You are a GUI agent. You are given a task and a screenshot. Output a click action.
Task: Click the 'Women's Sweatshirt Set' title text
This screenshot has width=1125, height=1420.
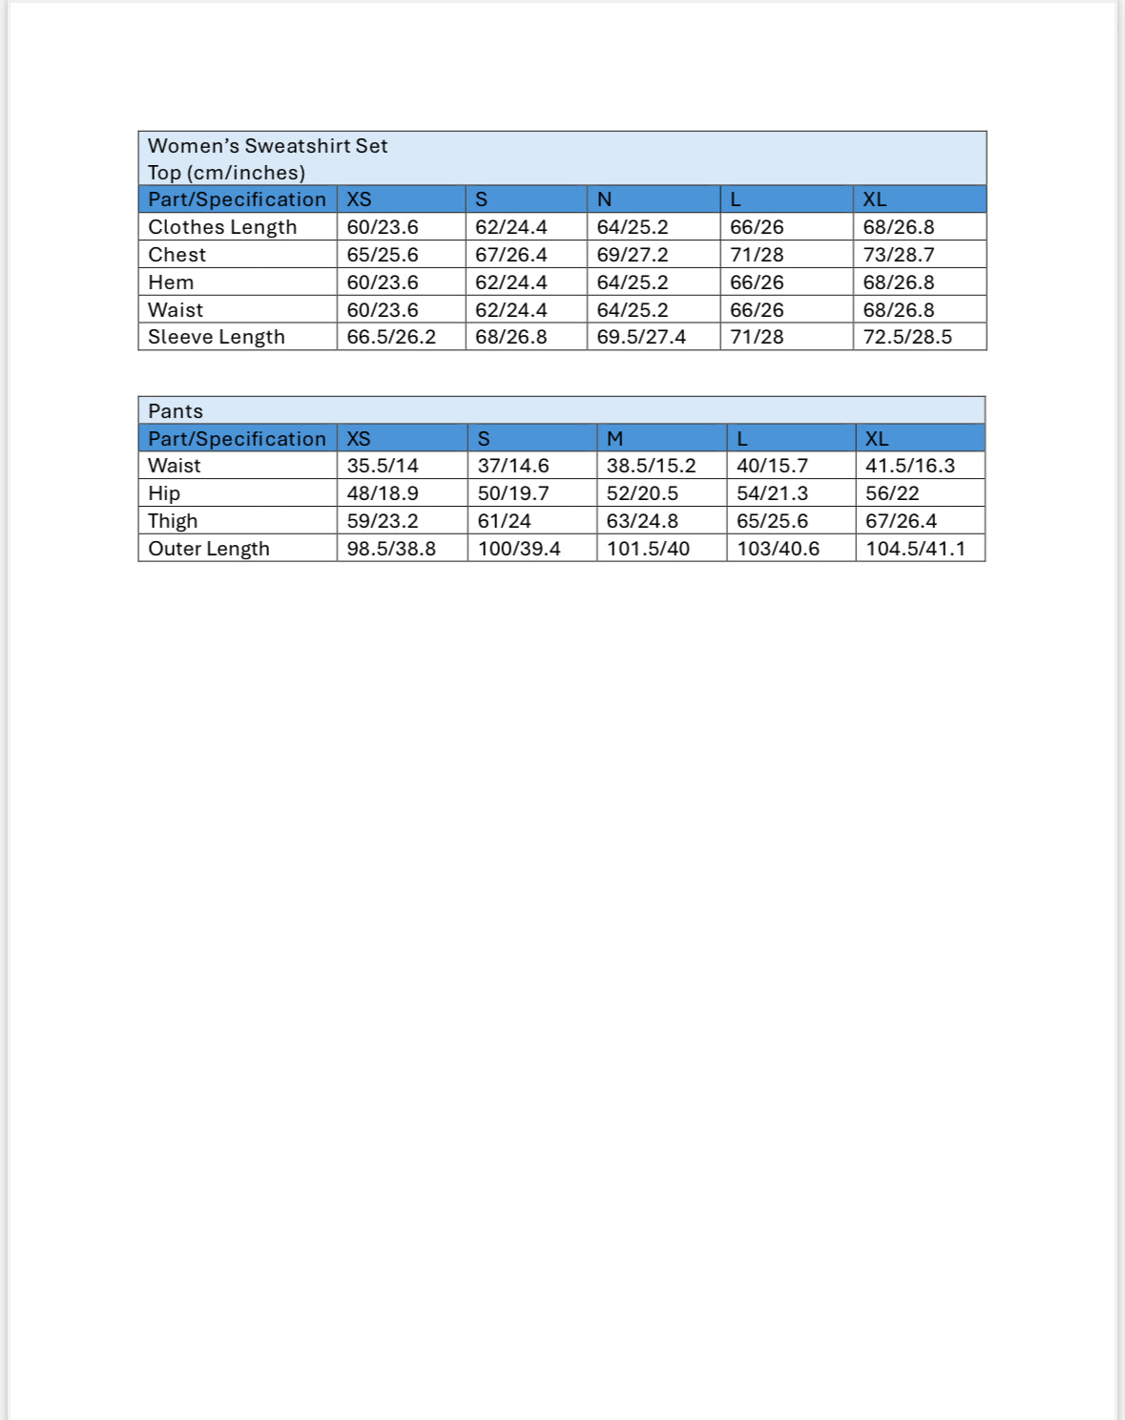coord(267,146)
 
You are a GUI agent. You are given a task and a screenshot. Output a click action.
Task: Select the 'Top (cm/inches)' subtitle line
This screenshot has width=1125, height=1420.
coord(226,173)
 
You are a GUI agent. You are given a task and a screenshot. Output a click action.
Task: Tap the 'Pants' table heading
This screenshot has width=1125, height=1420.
coord(176,411)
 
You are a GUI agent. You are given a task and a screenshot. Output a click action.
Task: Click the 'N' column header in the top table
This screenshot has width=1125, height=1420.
coord(604,199)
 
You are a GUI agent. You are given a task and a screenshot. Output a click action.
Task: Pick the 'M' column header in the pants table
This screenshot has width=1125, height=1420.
coord(615,439)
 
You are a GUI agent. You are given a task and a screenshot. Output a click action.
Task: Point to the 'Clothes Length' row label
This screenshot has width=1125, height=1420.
coord(222,227)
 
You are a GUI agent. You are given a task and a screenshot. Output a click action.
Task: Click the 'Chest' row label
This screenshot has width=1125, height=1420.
coord(177,255)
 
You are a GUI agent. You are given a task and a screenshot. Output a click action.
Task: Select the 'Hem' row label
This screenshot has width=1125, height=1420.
coord(171,282)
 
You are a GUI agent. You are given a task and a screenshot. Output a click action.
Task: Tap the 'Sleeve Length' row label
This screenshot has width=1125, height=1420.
coord(217,337)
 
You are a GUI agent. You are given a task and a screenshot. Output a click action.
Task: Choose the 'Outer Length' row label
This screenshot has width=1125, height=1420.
coord(209,549)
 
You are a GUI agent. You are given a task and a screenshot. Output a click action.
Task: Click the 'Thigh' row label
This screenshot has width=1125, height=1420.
coord(173,521)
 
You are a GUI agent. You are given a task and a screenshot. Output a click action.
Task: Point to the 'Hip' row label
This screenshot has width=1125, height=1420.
coord(164,493)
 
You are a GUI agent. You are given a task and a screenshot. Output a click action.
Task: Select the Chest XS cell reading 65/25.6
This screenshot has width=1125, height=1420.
coord(383,255)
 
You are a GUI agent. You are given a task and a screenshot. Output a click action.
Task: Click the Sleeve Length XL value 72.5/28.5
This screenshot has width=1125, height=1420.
coord(907,337)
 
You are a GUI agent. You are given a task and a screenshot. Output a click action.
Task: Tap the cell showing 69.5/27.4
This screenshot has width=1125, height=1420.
coord(641,337)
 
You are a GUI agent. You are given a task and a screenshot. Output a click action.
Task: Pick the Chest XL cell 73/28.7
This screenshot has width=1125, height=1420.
coord(899,255)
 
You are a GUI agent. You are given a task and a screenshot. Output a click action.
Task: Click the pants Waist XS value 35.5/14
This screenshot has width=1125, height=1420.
coord(383,466)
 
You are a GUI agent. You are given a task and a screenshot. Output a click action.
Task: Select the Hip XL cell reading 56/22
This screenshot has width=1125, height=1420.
coord(892,493)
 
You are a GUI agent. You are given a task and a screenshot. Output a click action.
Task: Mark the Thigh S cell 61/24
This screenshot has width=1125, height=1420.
coord(504,521)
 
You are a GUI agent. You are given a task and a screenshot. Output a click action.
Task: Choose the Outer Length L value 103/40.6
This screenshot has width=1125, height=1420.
coord(778,549)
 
